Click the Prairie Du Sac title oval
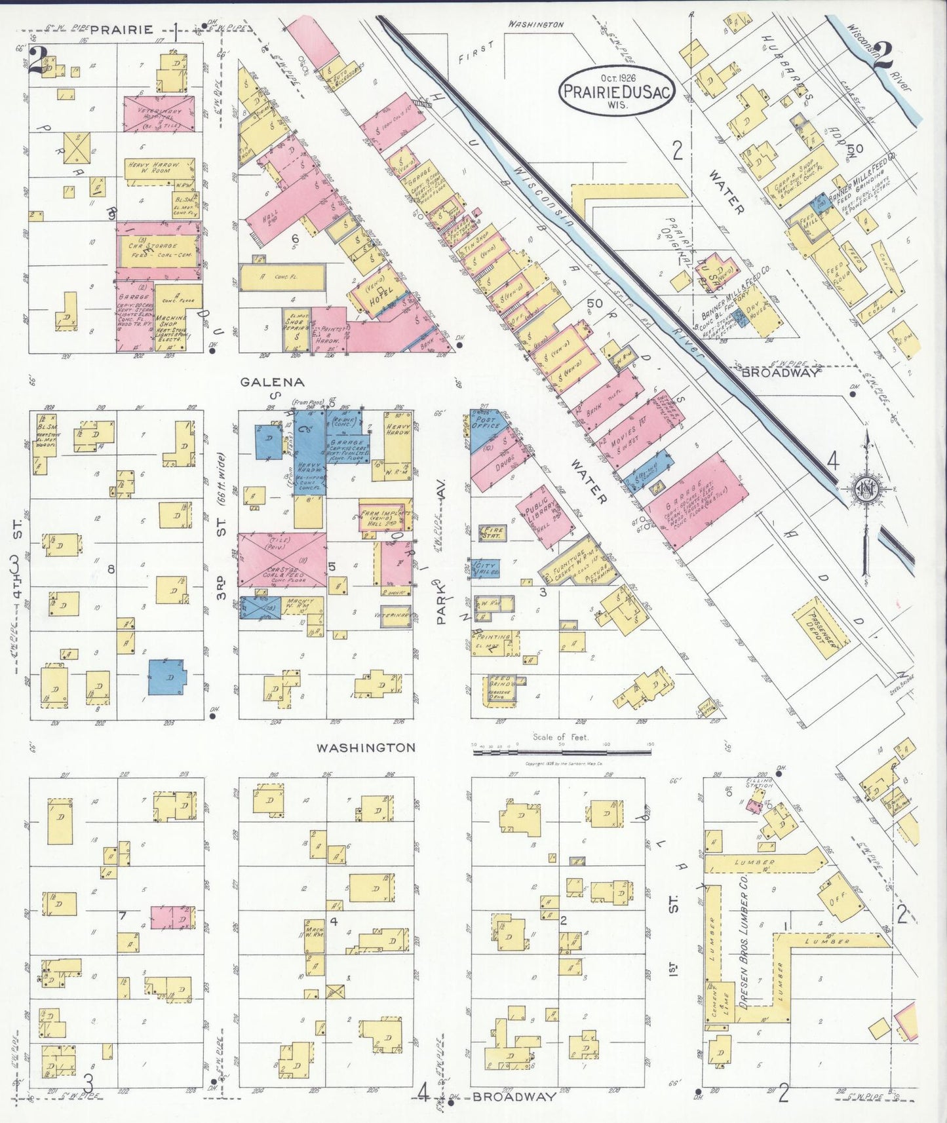pos(615,91)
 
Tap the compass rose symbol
pos(866,488)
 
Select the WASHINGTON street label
pos(366,748)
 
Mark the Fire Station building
pos(492,532)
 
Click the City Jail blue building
pos(486,567)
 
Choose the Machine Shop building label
pos(172,322)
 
